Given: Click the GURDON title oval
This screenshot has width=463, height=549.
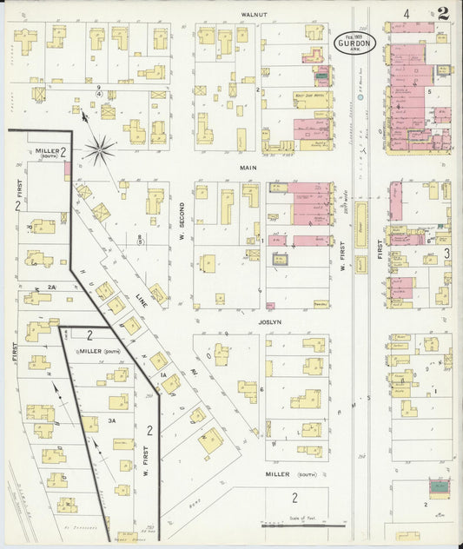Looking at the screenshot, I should [x=357, y=44].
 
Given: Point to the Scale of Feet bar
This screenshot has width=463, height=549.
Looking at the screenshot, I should [x=303, y=526].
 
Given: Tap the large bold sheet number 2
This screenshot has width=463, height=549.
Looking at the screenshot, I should [x=444, y=13].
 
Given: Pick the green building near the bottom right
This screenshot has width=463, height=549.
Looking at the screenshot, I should [x=440, y=487].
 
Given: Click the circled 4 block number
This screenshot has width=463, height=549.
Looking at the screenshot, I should [x=99, y=92].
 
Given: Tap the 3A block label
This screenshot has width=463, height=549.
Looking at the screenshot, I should [x=111, y=420].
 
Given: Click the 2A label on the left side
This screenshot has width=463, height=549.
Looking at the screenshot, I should [x=51, y=287].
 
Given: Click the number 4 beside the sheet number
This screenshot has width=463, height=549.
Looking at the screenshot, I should [x=407, y=14].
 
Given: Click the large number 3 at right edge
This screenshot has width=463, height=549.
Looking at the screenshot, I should [x=446, y=253].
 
